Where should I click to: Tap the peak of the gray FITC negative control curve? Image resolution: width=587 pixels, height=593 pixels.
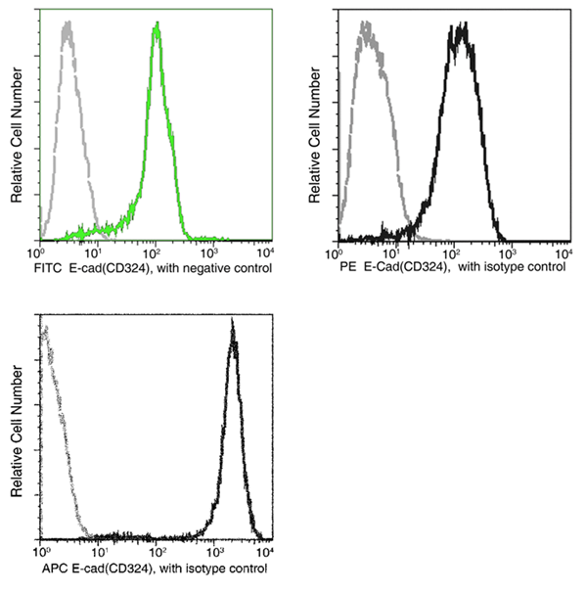[x=68, y=26]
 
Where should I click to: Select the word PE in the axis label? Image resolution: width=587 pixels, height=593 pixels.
[x=346, y=266]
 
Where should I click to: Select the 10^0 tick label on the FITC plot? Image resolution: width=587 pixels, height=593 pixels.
[x=42, y=251]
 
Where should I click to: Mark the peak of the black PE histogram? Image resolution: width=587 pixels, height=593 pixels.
[x=460, y=27]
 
